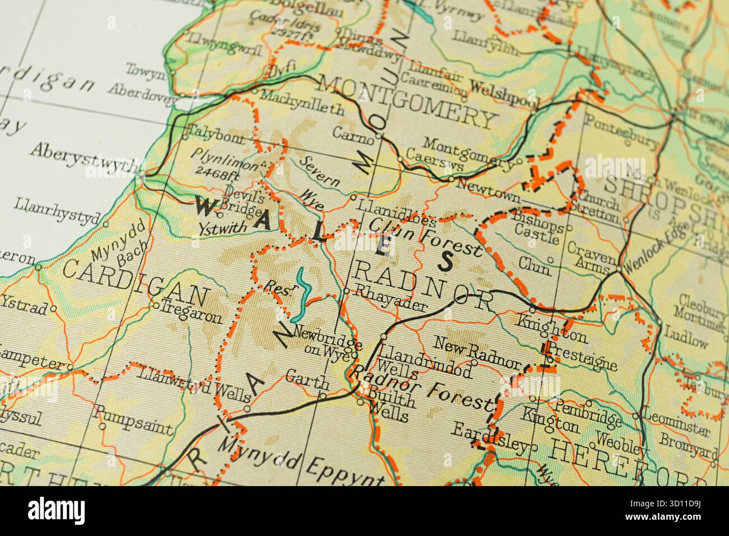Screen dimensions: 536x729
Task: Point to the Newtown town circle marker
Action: tap(451, 179)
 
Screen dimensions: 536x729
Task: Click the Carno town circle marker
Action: tap(379, 135)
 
